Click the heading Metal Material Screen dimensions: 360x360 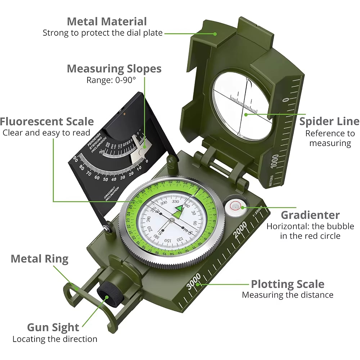(x=107, y=21)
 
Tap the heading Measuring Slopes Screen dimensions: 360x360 (x=114, y=68)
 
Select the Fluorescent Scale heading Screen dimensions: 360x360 (x=47, y=121)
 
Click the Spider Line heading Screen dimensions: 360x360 (x=329, y=121)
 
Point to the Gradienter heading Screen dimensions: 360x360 (x=310, y=215)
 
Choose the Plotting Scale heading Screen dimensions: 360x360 (x=287, y=284)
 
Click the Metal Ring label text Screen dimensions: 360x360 (x=40, y=258)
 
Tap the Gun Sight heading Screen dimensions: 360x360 (x=53, y=327)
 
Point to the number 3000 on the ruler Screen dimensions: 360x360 (x=194, y=281)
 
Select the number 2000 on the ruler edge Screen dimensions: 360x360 (x=240, y=230)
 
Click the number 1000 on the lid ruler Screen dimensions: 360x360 (x=275, y=161)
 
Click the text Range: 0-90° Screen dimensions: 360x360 (x=111, y=80)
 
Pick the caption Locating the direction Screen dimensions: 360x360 (x=55, y=339)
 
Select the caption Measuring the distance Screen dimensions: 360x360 (x=287, y=295)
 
